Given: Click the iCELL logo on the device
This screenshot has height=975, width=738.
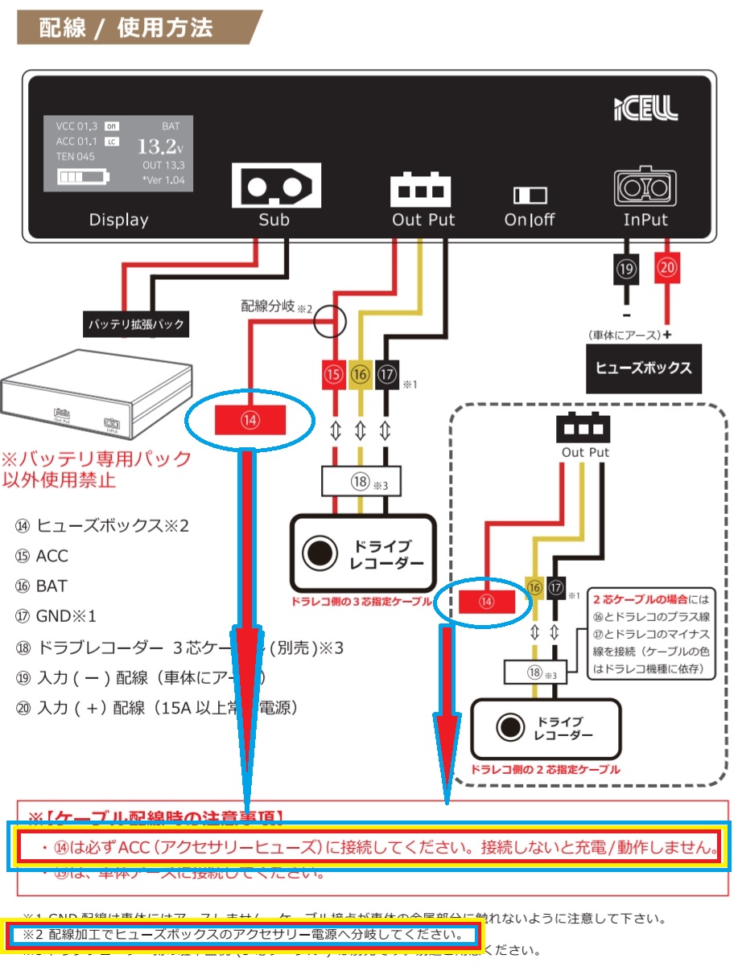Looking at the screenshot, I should [x=645, y=107].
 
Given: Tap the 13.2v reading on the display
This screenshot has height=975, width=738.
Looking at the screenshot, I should [x=159, y=146].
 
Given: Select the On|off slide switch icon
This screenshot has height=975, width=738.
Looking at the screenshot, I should [x=530, y=195].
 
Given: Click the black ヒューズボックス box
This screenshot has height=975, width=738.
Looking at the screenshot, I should [x=643, y=368].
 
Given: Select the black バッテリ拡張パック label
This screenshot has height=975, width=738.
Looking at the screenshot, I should [x=136, y=325].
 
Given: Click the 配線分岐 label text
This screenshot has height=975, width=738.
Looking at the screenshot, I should [x=269, y=306].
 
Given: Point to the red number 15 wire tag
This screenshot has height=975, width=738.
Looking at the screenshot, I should [x=334, y=374].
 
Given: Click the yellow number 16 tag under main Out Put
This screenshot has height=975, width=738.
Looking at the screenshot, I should [x=360, y=374].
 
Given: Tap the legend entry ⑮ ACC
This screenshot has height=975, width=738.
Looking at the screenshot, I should [x=42, y=556].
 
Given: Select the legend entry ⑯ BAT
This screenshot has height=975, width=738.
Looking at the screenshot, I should [x=41, y=586].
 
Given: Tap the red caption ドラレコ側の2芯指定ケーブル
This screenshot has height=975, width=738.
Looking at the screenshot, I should [x=546, y=770].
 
